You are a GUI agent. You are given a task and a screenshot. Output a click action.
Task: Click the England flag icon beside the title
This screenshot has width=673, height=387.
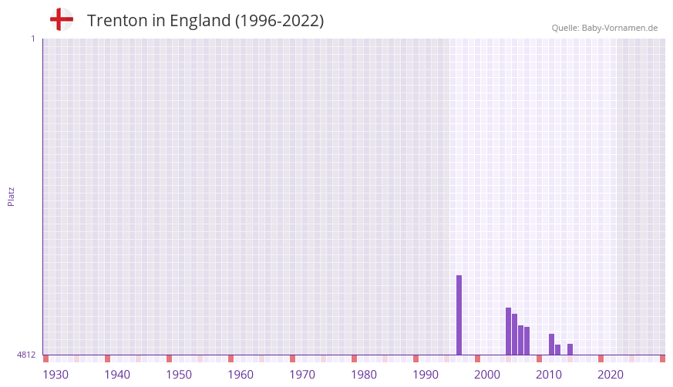pos(62,19)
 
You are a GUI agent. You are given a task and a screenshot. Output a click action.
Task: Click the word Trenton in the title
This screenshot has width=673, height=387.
pos(116,21)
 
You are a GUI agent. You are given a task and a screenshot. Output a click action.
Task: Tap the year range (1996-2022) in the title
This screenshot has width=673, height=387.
pos(279,21)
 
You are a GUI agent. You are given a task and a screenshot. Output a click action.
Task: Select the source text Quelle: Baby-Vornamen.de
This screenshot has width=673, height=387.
pos(604,28)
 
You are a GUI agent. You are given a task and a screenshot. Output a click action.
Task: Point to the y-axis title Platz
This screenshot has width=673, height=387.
pos(11,196)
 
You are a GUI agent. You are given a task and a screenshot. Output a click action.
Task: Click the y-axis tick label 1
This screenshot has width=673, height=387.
pos(32,39)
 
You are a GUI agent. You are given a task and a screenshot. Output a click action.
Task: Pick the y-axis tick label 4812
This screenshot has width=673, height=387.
pos(26,355)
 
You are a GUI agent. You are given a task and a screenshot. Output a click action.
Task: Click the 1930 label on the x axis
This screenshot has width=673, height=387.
pos(56,375)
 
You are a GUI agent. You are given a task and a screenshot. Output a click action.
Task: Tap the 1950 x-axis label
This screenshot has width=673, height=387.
pos(179,375)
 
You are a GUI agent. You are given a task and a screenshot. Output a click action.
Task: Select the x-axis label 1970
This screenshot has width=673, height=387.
pos(302,375)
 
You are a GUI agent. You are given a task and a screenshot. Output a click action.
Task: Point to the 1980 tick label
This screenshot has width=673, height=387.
pos(364,375)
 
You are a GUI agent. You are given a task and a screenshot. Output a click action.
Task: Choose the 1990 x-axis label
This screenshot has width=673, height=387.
pos(426,375)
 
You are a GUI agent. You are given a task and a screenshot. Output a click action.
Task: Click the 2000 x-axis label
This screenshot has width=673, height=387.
pos(487,375)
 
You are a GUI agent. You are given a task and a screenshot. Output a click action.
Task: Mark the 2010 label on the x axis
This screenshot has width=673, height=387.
pos(549,375)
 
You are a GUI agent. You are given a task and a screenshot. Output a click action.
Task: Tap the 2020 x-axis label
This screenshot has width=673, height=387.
pos(611,375)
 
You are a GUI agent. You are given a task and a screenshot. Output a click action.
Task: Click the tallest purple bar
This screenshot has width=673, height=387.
pos(459,315)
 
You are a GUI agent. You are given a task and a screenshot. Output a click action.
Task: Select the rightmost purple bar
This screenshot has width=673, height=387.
pos(570,349)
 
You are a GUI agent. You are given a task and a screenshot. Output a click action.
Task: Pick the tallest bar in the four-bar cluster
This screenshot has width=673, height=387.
pos(508,331)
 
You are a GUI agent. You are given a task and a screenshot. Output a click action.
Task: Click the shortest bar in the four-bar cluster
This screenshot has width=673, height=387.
pos(527,341)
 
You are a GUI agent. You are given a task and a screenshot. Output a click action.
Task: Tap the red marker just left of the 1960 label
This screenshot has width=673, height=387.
pos(231,358)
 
